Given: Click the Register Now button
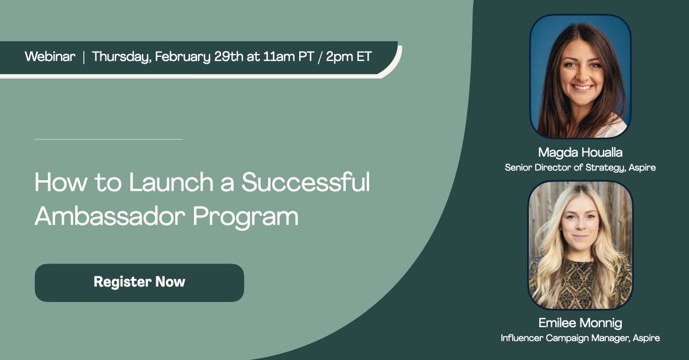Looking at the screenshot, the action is tap(140, 282).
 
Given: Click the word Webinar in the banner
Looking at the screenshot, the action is tap(50, 57).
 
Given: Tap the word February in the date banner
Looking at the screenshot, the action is tap(183, 57).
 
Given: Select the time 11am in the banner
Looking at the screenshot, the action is tap(279, 57).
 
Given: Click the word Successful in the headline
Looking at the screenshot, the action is tap(305, 182).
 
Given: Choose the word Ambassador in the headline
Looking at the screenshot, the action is tap(110, 216).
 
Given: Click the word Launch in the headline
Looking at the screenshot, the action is tap(171, 182).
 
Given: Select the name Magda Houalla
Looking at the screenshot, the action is tap(580, 153).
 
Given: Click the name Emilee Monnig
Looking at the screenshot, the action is tap(580, 323).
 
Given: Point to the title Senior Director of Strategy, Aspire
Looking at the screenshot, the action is tap(580, 168).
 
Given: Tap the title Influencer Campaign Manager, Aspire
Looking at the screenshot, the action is tap(580, 338).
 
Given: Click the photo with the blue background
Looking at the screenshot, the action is tap(580, 76).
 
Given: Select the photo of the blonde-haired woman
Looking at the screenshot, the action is tap(580, 245).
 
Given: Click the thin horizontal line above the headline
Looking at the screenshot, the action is tap(109, 140).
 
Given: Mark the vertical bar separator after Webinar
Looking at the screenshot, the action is tap(84, 57).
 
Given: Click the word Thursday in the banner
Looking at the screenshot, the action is tap(122, 57).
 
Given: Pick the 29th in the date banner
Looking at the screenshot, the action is tap(229, 57).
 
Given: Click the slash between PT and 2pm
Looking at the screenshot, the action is tap(320, 57).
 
